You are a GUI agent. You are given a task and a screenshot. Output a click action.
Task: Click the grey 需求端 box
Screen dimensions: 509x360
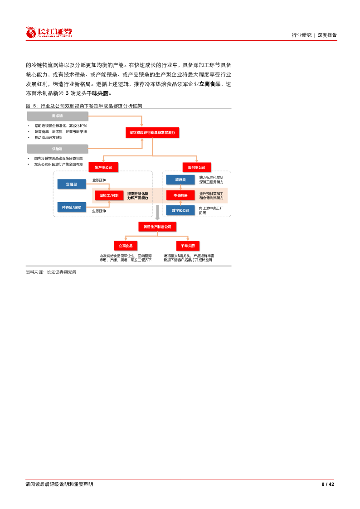[x=57, y=116]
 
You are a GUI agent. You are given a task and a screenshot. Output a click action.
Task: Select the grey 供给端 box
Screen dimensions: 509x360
[x=57, y=149]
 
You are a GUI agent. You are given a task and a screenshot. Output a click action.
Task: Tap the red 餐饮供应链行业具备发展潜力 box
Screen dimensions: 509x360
[x=152, y=132]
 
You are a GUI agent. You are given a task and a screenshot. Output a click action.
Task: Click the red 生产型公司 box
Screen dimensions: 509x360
[x=103, y=167]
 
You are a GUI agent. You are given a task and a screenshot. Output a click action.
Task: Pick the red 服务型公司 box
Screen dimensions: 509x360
[x=196, y=167]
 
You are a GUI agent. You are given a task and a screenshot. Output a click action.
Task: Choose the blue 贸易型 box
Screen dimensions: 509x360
[x=71, y=184]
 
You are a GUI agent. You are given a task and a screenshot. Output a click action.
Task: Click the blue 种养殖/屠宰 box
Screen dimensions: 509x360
[x=71, y=207]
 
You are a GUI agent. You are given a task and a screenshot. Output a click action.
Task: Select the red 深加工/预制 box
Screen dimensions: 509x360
[x=109, y=196]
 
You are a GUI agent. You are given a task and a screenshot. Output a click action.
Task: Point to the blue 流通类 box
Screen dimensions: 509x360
[x=180, y=180]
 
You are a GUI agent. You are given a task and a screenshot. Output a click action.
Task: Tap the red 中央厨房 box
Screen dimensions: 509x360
[x=180, y=195]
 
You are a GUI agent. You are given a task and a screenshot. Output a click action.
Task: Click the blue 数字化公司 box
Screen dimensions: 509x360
[x=180, y=210]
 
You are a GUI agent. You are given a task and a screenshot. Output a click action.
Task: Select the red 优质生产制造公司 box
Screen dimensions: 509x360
[x=157, y=227]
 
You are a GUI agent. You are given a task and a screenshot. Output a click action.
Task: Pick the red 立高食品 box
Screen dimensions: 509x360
[x=126, y=246]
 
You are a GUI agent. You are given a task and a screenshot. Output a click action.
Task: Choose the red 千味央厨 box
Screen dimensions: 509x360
[x=188, y=246]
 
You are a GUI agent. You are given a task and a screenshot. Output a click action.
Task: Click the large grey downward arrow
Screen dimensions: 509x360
[x=157, y=213]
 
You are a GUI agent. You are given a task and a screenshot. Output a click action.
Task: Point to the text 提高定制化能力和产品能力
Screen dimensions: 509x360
[x=137, y=196]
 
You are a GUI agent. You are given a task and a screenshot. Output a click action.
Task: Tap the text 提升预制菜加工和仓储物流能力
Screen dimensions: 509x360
[x=211, y=196]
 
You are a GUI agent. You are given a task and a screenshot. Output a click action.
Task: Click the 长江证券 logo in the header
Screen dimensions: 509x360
[x=49, y=32]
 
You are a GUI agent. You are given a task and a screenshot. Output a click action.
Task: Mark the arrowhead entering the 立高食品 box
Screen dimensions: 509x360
[x=126, y=239]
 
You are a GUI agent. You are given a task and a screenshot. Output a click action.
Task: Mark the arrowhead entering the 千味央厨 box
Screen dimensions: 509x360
[x=188, y=239]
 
